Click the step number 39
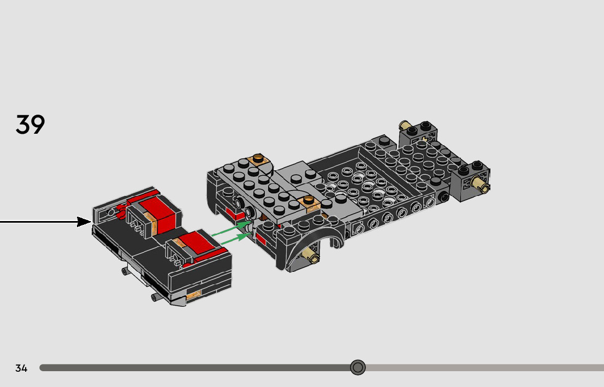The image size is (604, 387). tap(30, 124)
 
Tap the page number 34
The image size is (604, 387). tap(21, 368)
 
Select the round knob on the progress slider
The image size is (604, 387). tap(358, 367)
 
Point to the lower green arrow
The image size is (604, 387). tap(235, 238)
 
